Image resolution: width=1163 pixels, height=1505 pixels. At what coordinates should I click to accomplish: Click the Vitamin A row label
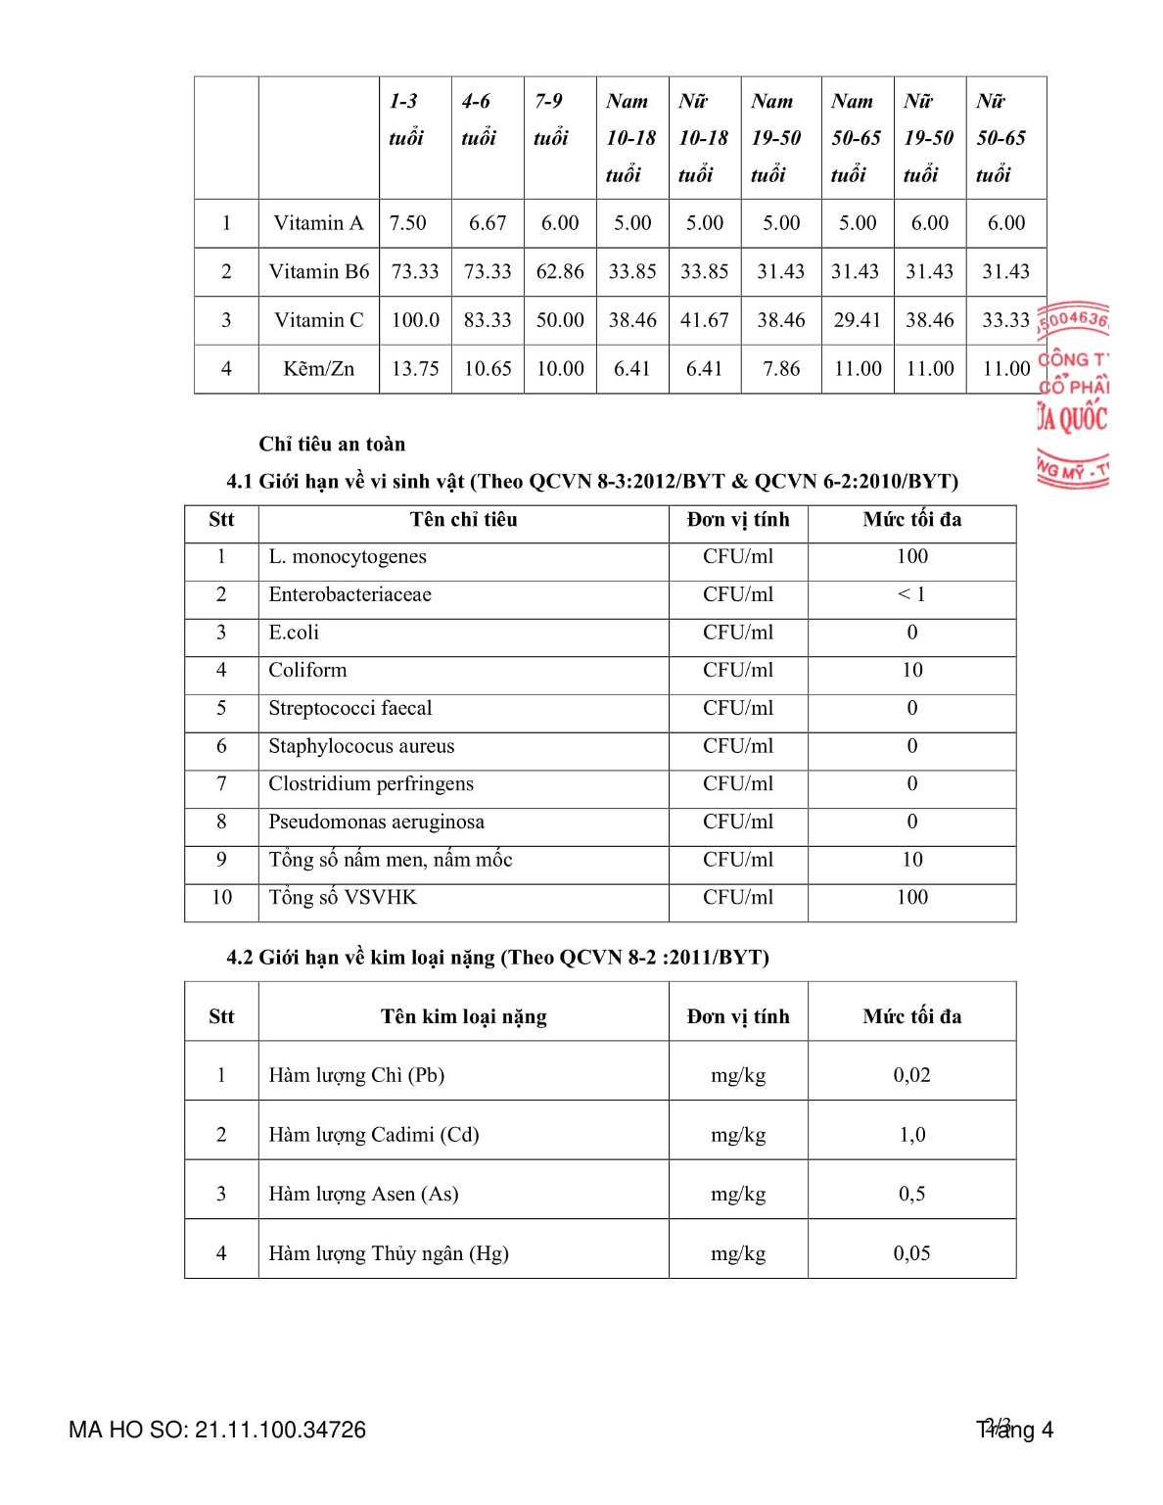pos(318,223)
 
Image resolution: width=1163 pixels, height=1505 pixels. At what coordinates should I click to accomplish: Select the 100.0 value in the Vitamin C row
pos(415,320)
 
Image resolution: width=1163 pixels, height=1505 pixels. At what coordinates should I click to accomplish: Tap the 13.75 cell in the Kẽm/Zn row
pos(415,369)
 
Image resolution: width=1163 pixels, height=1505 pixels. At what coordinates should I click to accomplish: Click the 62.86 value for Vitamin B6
pos(560,271)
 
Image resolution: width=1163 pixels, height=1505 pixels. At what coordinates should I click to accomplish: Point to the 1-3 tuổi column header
pos(406,119)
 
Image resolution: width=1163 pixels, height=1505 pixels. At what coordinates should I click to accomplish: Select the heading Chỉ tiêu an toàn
pos(332,445)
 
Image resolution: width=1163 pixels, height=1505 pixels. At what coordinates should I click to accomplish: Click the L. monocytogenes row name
pos(348,557)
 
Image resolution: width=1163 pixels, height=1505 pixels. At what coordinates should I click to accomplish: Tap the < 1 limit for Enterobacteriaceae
pos(911,594)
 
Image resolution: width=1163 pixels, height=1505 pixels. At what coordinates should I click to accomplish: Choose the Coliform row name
pos(307,671)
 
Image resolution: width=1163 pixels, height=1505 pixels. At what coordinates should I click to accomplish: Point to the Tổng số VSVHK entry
pos(343,898)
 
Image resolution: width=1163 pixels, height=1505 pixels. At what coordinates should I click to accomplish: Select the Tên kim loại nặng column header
pos(463,1017)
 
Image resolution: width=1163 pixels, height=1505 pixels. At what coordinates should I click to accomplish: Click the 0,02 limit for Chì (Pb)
pos(911,1075)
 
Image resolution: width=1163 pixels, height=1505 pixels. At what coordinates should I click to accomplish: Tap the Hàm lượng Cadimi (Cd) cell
pos(374,1135)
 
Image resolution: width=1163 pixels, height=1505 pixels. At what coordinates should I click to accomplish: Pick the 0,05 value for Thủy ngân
pos(911,1253)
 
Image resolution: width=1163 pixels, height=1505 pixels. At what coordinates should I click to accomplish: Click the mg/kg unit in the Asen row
pos(738,1195)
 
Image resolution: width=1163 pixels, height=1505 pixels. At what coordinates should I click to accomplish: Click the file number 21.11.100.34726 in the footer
pos(280,1431)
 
